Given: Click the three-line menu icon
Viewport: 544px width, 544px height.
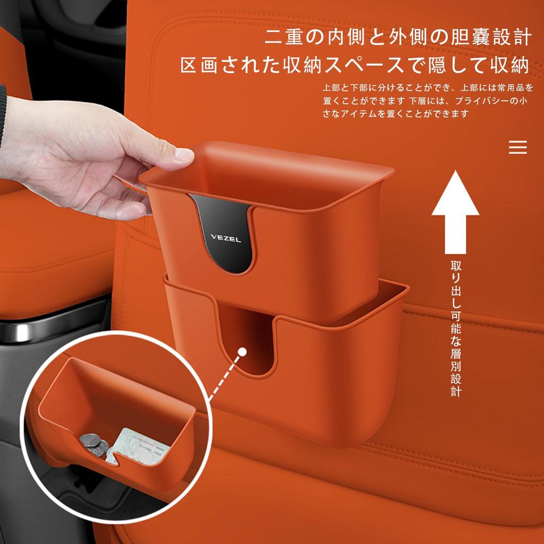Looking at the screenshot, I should coord(518,147).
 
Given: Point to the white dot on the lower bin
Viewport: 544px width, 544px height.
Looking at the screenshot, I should coord(242,351).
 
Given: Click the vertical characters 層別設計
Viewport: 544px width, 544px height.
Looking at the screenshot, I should coord(456,372).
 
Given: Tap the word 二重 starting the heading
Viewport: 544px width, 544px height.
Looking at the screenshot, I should coord(280,38).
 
